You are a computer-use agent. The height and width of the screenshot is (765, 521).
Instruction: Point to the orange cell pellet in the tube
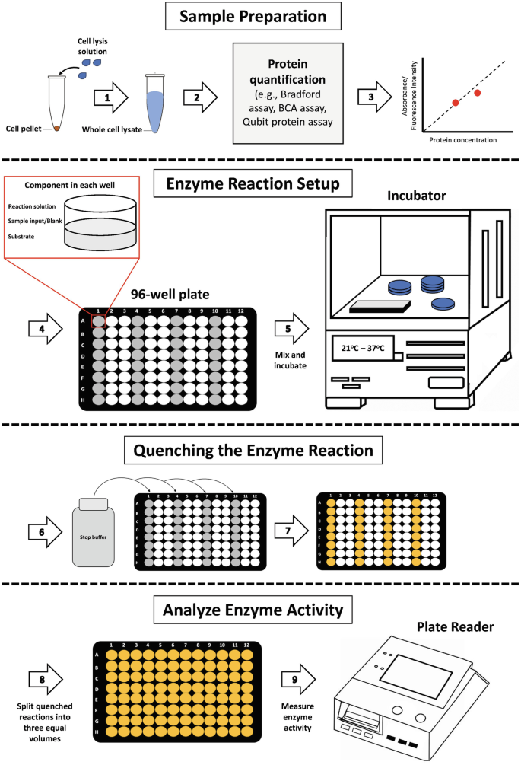pyautogui.click(x=56, y=128)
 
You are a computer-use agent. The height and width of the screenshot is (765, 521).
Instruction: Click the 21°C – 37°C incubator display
pyautogui.click(x=362, y=349)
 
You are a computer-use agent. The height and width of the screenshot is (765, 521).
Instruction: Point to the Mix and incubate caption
pyautogui.click(x=292, y=360)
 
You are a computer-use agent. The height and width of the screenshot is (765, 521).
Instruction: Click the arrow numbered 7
pyautogui.click(x=292, y=531)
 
